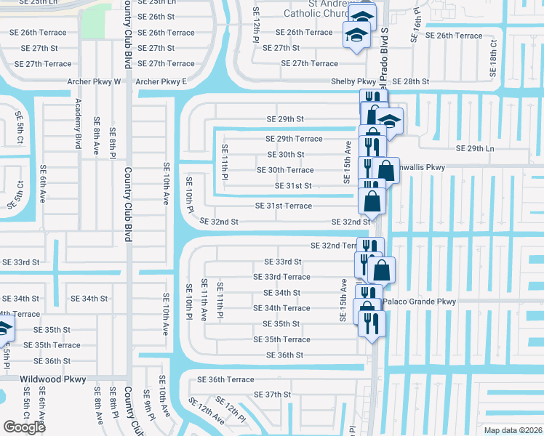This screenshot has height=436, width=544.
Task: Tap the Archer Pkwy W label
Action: (94, 81)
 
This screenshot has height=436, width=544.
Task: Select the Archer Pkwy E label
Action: (161, 81)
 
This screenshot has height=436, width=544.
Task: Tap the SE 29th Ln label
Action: (474, 148)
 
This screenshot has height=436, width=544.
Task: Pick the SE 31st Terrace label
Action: (283, 206)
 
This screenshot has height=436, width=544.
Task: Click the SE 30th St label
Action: (286, 155)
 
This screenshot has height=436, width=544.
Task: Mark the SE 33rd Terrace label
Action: (281, 277)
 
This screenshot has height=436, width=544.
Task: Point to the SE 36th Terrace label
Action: (225, 379)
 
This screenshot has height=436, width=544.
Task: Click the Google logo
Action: (24, 427)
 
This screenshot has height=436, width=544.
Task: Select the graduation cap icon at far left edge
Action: (3, 328)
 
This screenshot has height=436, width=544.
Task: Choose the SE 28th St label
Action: (411, 81)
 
